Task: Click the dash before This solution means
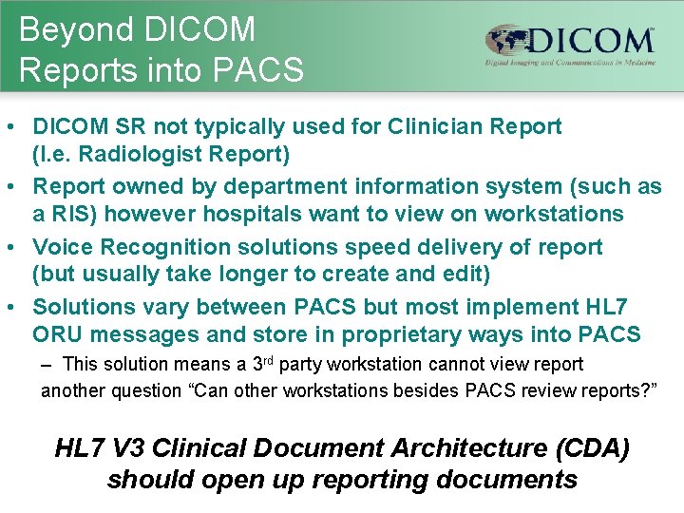point(47,365)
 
